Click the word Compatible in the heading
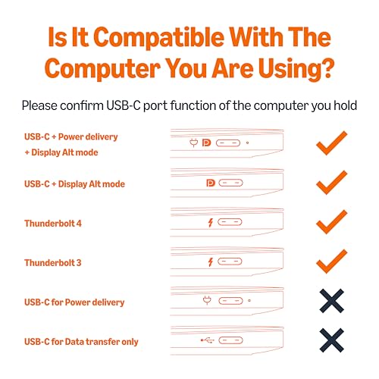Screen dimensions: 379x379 tap(158, 38)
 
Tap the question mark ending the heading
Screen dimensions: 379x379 tap(327, 67)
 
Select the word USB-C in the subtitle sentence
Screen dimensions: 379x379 tap(123, 105)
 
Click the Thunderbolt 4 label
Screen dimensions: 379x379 tap(53, 224)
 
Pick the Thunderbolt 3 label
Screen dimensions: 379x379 tap(53, 263)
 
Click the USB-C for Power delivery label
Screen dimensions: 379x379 tap(74, 302)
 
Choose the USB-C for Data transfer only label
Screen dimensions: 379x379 tap(81, 342)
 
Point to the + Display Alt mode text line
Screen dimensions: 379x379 tap(61, 152)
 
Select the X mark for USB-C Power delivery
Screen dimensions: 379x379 tap(332, 301)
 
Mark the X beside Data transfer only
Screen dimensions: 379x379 tap(332, 340)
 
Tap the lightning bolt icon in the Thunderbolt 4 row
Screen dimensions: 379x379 tap(211, 222)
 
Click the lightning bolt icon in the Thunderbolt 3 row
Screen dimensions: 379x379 tap(211, 262)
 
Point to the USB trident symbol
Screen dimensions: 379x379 tap(207, 340)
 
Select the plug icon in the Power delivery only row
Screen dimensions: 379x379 tap(207, 300)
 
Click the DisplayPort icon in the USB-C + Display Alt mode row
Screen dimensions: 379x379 tap(211, 183)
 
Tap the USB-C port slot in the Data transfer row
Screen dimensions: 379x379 tap(230, 340)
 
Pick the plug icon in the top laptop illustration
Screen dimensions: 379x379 tap(194, 143)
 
